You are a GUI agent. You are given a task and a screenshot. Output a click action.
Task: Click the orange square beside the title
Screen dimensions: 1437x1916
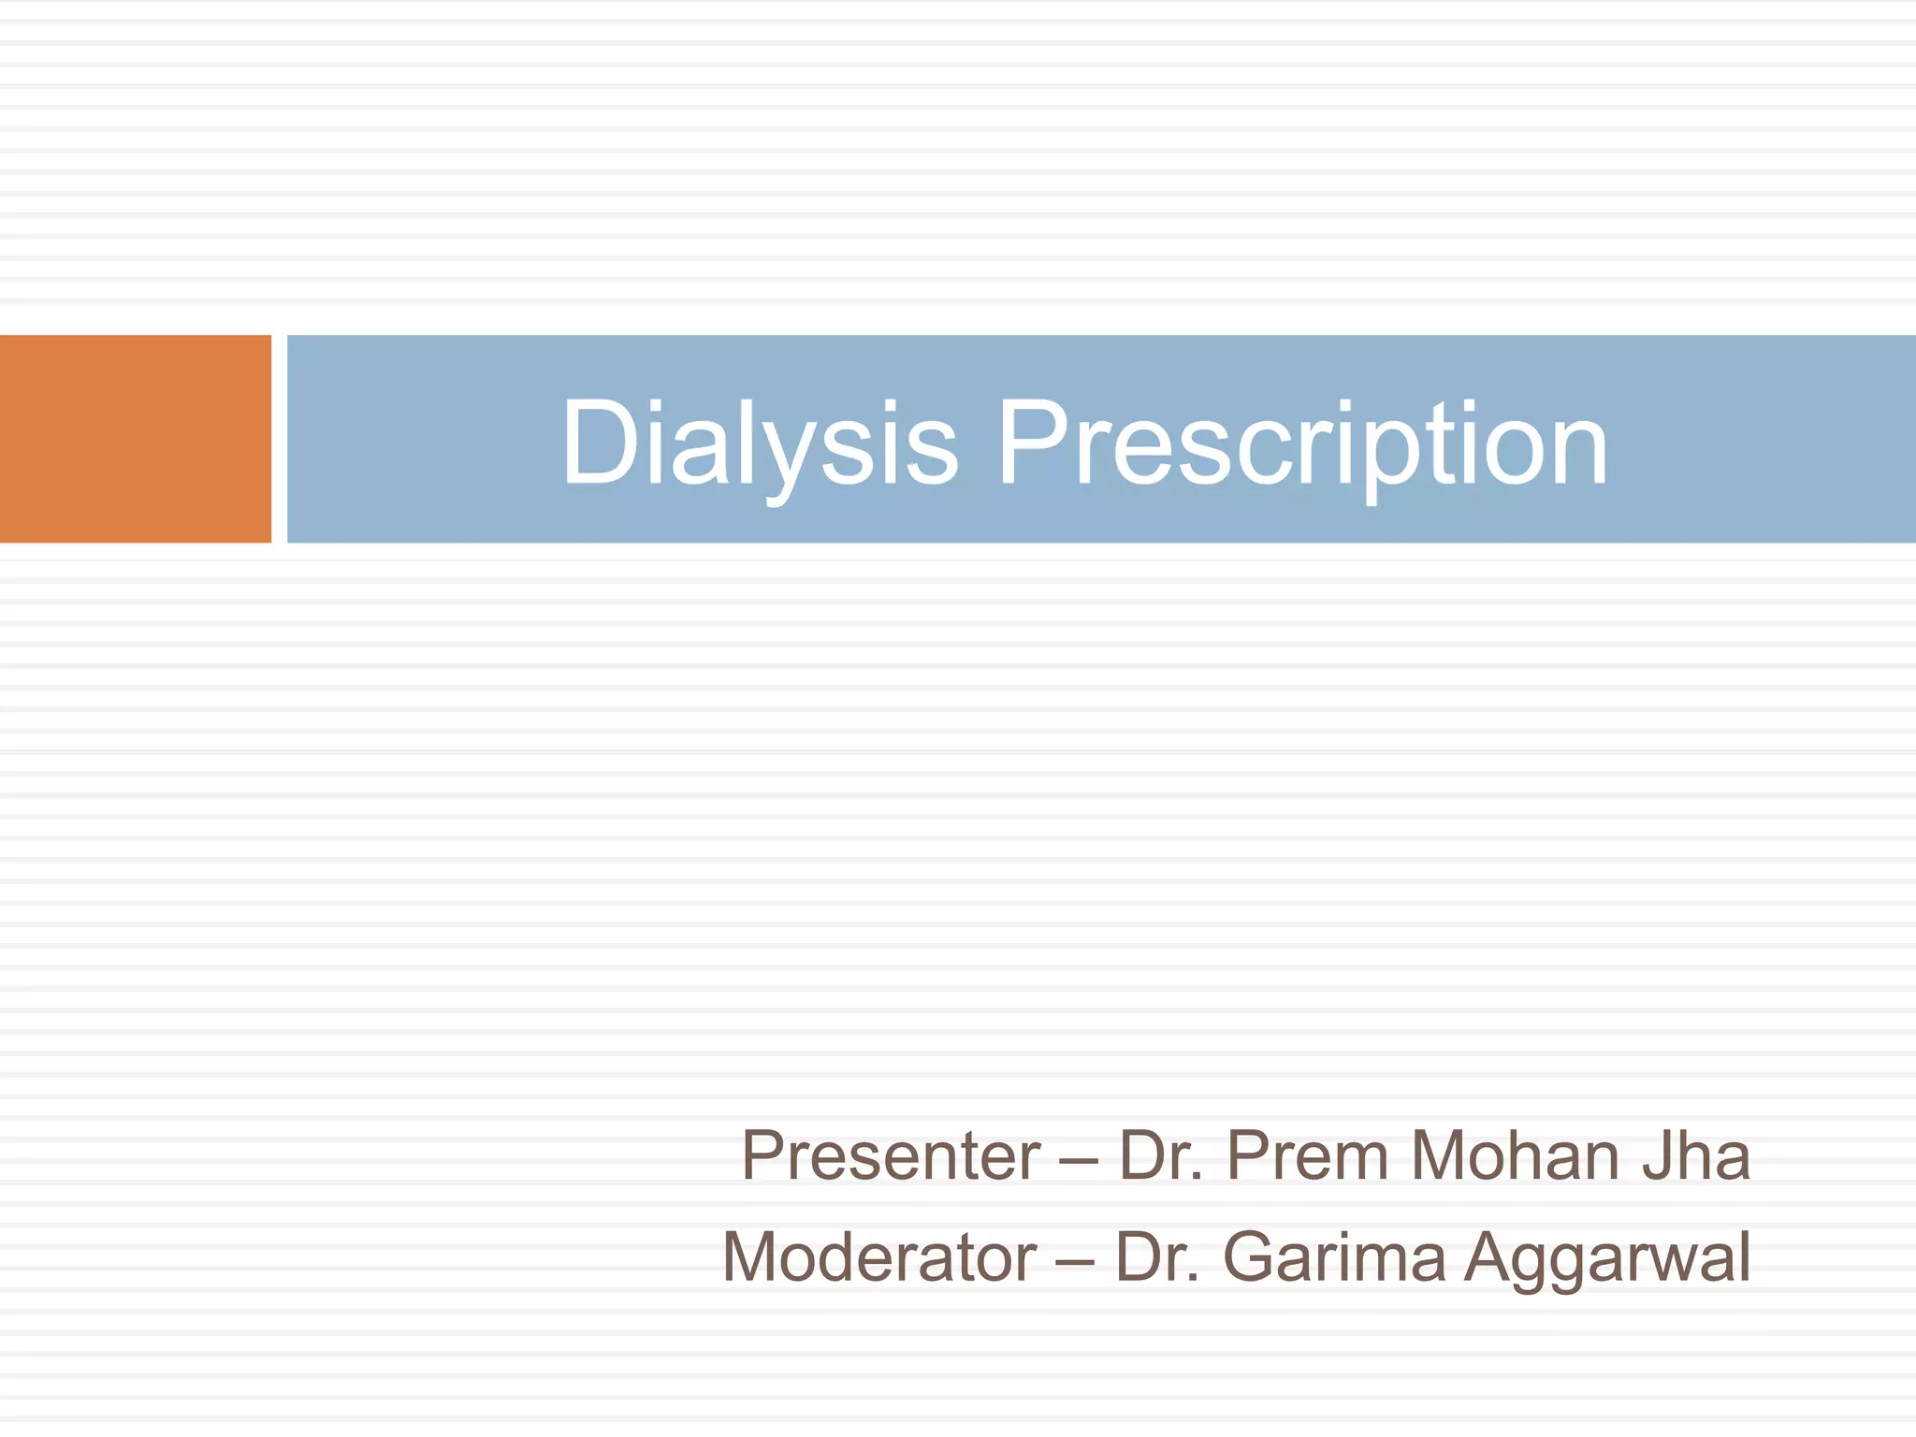point(135,439)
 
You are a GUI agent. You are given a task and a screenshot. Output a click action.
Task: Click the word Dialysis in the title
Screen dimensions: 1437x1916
point(759,442)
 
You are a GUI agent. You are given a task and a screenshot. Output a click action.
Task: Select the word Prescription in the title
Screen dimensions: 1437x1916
point(1302,442)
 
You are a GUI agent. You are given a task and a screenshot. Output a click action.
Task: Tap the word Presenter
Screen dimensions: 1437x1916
point(891,1156)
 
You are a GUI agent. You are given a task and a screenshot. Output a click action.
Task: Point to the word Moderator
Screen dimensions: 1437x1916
point(879,1257)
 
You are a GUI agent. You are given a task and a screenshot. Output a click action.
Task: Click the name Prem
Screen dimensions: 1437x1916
point(1307,1156)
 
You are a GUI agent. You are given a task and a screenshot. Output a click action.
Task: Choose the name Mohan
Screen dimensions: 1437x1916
point(1515,1156)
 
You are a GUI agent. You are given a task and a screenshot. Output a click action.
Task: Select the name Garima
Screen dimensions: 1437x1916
point(1334,1257)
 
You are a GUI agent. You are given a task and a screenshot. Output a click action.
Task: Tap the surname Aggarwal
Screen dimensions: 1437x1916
point(1606,1259)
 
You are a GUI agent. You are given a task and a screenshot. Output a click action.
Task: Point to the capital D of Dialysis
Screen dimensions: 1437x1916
point(599,442)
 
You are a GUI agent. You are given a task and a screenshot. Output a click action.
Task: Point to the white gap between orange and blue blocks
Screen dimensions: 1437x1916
point(279,439)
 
